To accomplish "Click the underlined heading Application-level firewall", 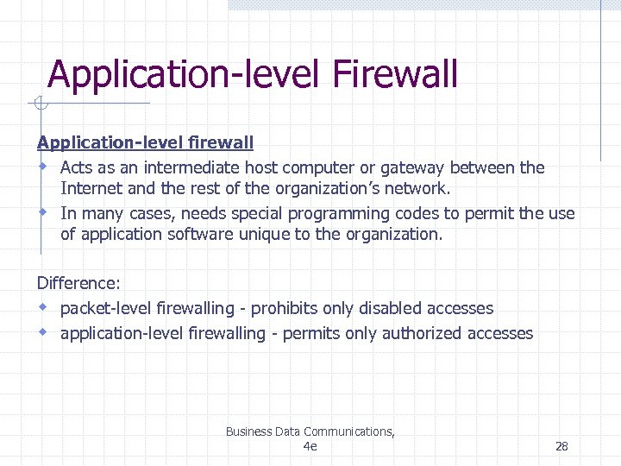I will tap(145, 142).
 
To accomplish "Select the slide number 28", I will tap(561, 446).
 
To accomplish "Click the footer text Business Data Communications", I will tap(310, 431).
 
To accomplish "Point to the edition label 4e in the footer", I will tap(310, 446).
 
